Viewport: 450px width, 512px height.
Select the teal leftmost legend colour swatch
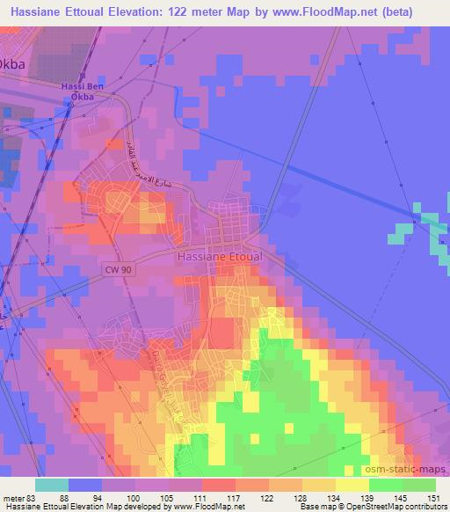coord(51,485)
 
